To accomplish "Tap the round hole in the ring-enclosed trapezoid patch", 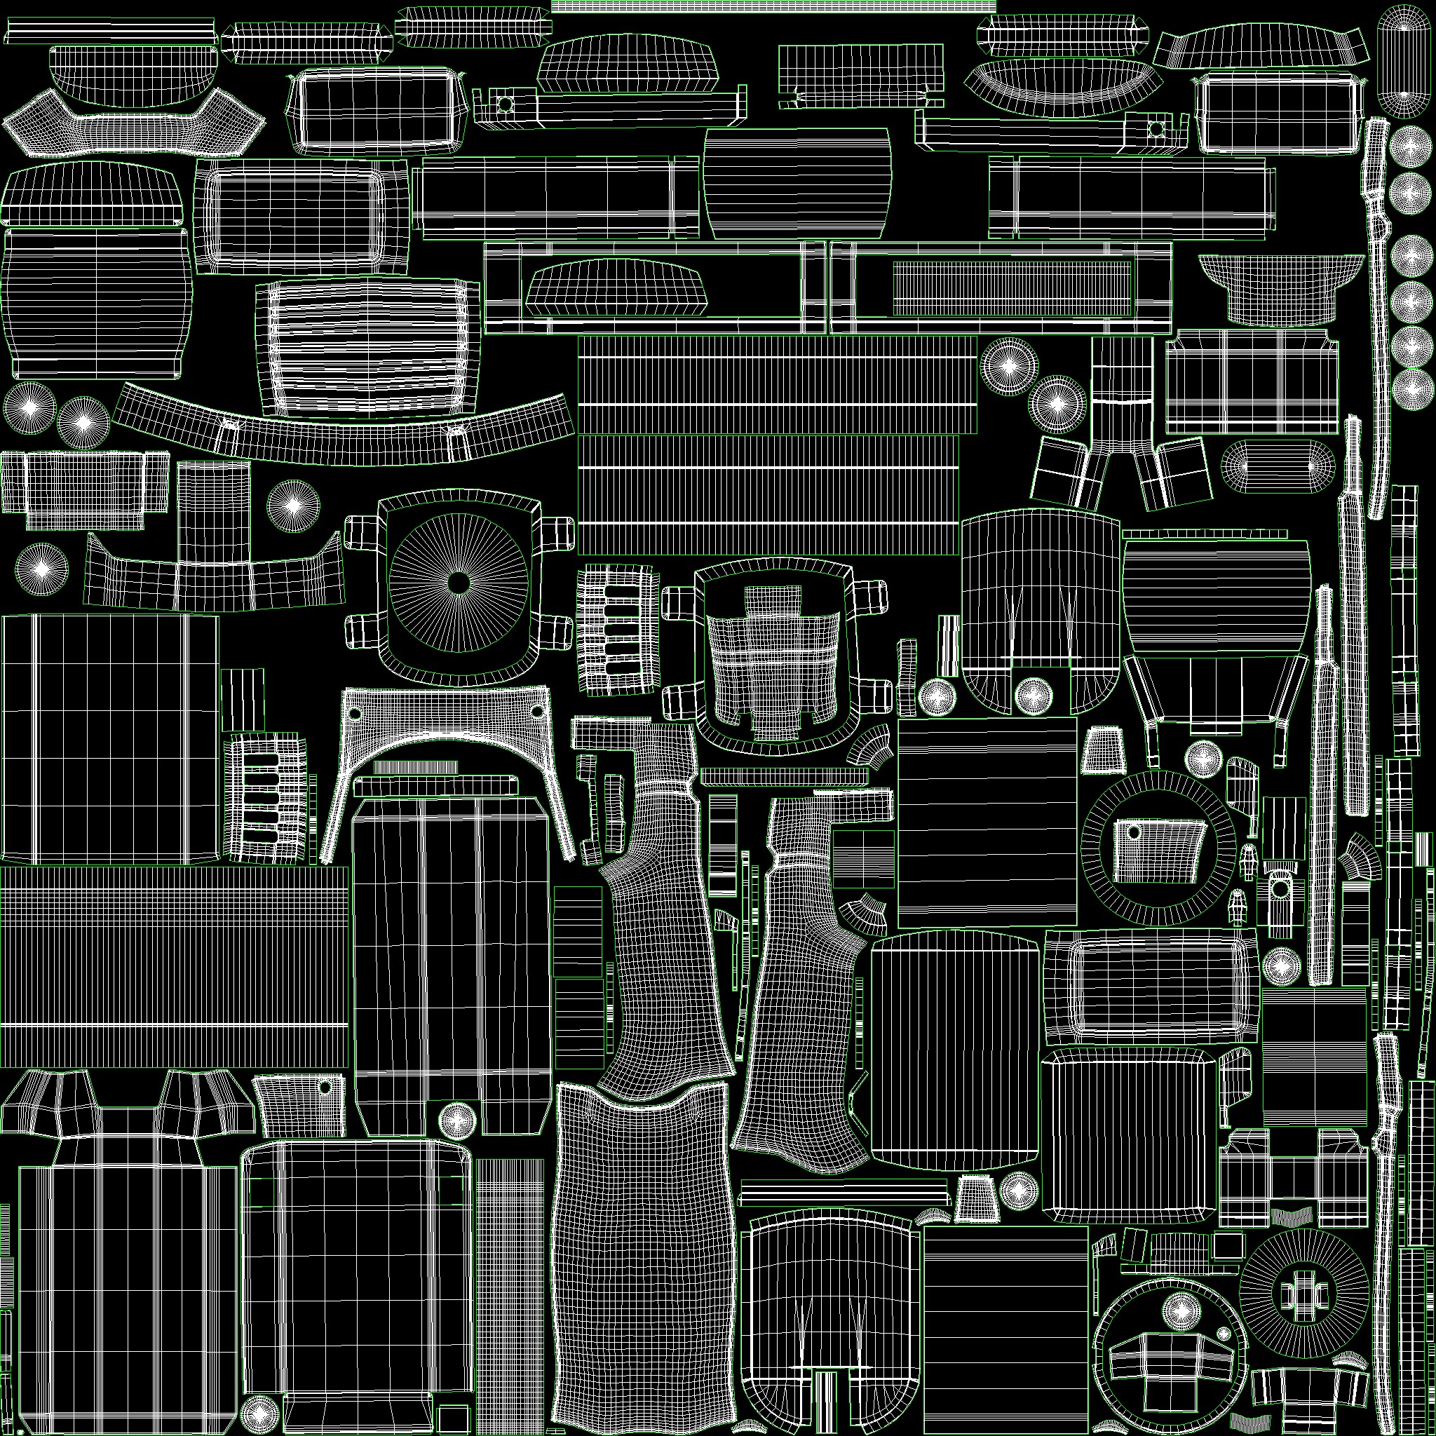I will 1135,832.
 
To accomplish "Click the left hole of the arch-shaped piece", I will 355,714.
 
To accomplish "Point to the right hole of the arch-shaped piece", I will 537,711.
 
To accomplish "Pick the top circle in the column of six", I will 1410,147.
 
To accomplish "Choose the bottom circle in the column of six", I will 1410,388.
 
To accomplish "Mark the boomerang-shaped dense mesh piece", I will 134,124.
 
